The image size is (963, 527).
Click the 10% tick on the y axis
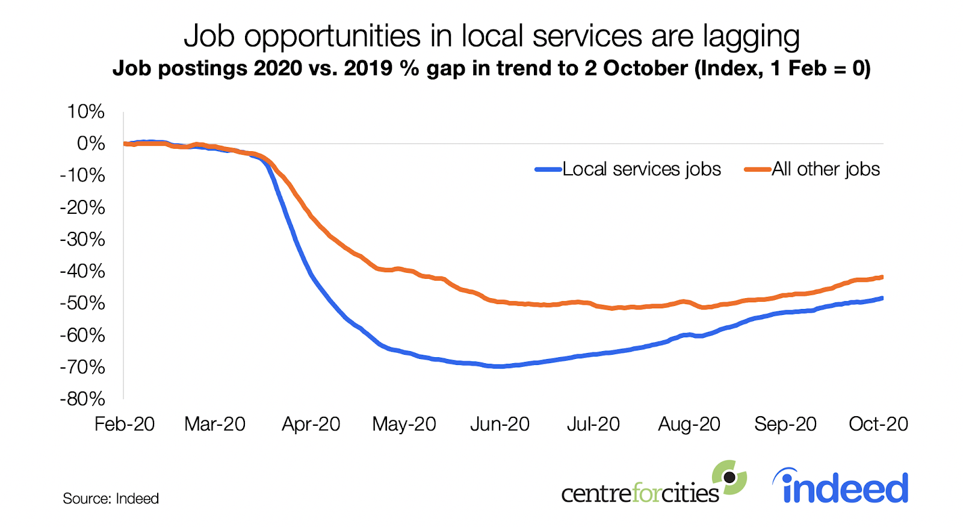tap(85, 112)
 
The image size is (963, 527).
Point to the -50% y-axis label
tap(82, 303)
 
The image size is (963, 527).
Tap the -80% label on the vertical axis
tap(82, 399)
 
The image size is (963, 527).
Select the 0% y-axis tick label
tap(90, 144)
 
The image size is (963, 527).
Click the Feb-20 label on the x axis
tap(125, 424)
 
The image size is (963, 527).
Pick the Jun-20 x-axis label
tap(500, 424)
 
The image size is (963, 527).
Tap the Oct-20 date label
tap(878, 424)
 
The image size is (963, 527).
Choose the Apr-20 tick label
tap(311, 424)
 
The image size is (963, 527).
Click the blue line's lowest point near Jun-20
tap(498, 366)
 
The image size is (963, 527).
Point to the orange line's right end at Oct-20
tap(882, 277)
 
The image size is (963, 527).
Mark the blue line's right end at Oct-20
tap(882, 298)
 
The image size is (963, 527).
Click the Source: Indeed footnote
tap(111, 499)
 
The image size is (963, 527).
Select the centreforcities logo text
tap(640, 493)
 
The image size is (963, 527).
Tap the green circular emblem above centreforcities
tap(729, 478)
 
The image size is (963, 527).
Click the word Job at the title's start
tap(209, 36)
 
